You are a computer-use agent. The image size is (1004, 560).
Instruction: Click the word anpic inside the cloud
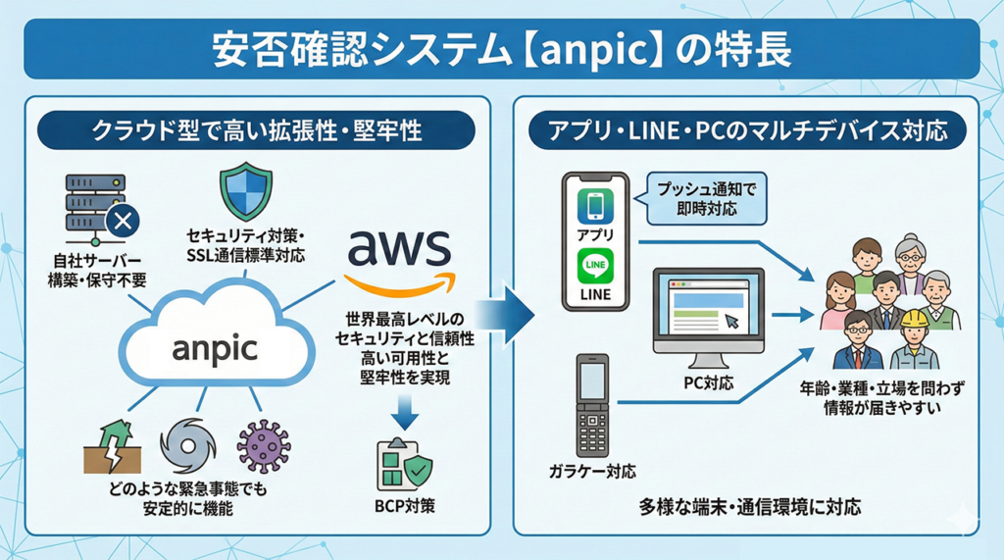pos(213,348)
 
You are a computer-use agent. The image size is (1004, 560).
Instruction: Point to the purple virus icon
pos(264,446)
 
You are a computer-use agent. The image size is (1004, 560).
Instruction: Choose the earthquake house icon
pos(112,446)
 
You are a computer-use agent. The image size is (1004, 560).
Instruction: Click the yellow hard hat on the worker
pos(915,320)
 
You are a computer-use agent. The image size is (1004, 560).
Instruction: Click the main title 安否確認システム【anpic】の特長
pos(501,50)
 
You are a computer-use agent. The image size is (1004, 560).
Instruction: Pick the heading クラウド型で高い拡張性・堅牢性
pos(257,128)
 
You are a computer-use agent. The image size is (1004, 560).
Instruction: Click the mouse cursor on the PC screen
pos(731,320)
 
